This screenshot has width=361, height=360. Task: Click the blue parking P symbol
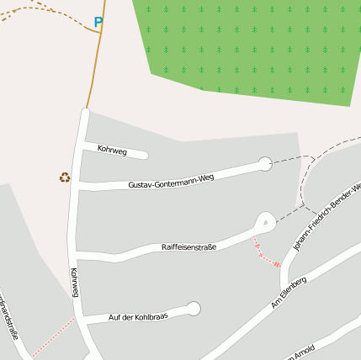tap(98, 23)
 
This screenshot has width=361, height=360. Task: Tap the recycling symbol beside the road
tap(65, 177)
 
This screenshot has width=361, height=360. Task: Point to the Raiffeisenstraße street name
tap(188, 247)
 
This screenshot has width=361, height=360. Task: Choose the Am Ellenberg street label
tap(289, 292)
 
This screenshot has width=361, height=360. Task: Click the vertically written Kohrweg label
tap(75, 283)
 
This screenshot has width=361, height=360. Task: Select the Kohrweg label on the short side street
tap(112, 151)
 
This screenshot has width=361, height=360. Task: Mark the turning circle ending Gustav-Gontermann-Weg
tap(265, 164)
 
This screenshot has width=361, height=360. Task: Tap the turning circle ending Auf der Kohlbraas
tap(194, 309)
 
